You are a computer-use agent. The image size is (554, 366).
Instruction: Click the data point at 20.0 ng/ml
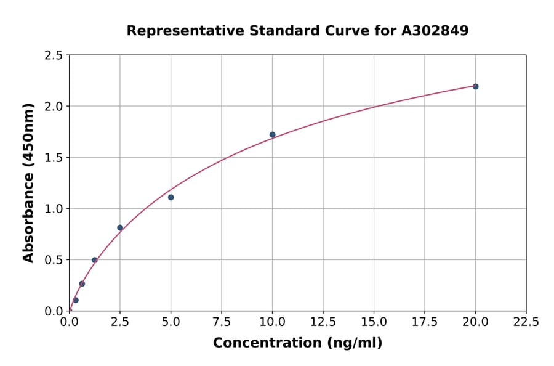tap(475, 86)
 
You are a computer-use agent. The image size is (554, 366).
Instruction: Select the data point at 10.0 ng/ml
tap(272, 134)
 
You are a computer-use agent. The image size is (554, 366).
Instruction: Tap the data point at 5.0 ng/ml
tap(171, 197)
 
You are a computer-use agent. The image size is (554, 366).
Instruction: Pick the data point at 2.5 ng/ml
tap(120, 227)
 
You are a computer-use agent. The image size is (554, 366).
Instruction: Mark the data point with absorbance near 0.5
tap(95, 260)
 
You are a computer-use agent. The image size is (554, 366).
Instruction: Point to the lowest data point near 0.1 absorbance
tap(76, 300)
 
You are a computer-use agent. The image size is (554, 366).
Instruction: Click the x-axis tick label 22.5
tap(526, 322)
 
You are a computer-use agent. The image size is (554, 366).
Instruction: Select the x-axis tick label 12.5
tap(323, 322)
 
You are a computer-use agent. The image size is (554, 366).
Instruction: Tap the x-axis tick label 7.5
tap(222, 322)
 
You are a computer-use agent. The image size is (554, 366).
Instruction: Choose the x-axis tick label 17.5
tap(425, 322)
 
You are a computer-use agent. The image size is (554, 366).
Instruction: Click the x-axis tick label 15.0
tap(374, 322)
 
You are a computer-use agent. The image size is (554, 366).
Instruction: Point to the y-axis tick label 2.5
tap(53, 55)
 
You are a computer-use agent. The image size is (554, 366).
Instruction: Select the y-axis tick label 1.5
tap(53, 158)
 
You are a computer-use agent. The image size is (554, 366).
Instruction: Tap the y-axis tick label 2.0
tap(53, 107)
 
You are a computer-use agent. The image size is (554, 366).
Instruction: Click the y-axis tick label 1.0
tap(53, 209)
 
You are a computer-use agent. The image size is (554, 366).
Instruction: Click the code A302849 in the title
tap(435, 30)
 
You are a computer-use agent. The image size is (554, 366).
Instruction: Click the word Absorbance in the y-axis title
tap(28, 218)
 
